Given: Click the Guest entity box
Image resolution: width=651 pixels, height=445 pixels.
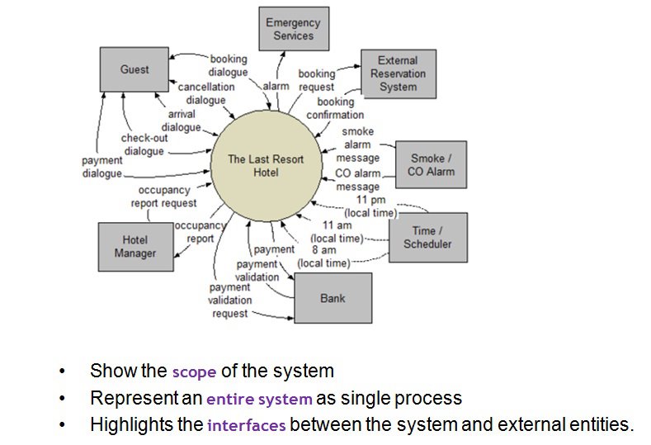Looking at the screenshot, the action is click(134, 69).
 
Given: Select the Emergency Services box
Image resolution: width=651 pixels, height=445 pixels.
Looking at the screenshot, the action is click(294, 29).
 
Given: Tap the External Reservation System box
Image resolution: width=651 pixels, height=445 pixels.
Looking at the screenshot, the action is click(399, 74).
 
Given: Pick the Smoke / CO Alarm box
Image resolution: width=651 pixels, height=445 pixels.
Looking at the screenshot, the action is click(431, 164).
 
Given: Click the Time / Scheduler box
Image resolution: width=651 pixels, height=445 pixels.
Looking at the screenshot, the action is click(428, 237).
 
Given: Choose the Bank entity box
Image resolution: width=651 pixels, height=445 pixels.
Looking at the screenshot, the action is click(333, 298).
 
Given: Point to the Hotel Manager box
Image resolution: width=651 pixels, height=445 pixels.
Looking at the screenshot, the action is click(136, 247).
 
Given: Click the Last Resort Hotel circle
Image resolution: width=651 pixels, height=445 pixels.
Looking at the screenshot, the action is click(267, 166).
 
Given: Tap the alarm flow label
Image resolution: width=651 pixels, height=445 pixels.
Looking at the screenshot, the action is click(276, 86).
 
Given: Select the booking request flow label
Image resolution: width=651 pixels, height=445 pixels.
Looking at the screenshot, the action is click(316, 80).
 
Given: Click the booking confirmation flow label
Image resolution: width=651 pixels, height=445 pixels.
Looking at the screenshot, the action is click(336, 108).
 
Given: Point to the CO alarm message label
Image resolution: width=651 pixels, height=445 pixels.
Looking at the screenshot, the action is click(358, 179).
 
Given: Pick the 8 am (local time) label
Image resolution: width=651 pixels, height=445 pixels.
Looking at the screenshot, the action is click(323, 257).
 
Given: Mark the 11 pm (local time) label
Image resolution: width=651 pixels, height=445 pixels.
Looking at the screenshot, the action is click(370, 206).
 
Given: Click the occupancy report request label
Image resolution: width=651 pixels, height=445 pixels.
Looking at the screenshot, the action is click(164, 196).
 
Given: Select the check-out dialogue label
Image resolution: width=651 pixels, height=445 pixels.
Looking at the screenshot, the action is click(144, 144).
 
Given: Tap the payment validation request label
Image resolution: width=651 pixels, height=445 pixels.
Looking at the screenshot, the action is click(230, 300).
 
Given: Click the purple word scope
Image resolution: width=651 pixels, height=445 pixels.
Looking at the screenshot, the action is click(194, 372).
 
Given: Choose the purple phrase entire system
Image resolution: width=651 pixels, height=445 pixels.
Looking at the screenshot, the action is click(259, 399).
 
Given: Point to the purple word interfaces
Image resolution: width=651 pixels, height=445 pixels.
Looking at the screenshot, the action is click(247, 425).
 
